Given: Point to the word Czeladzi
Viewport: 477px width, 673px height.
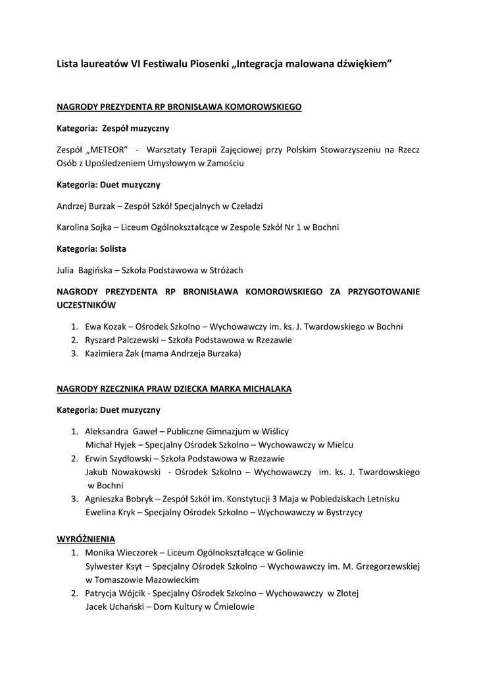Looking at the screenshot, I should pos(245,206).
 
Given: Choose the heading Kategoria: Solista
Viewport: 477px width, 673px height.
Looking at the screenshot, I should pos(91,248).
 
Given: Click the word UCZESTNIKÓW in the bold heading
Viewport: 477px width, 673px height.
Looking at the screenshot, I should pos(86,305).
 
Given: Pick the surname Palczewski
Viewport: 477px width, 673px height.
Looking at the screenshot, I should pos(134,340).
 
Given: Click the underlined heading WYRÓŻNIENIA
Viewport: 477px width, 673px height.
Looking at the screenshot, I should pos(86,539).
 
